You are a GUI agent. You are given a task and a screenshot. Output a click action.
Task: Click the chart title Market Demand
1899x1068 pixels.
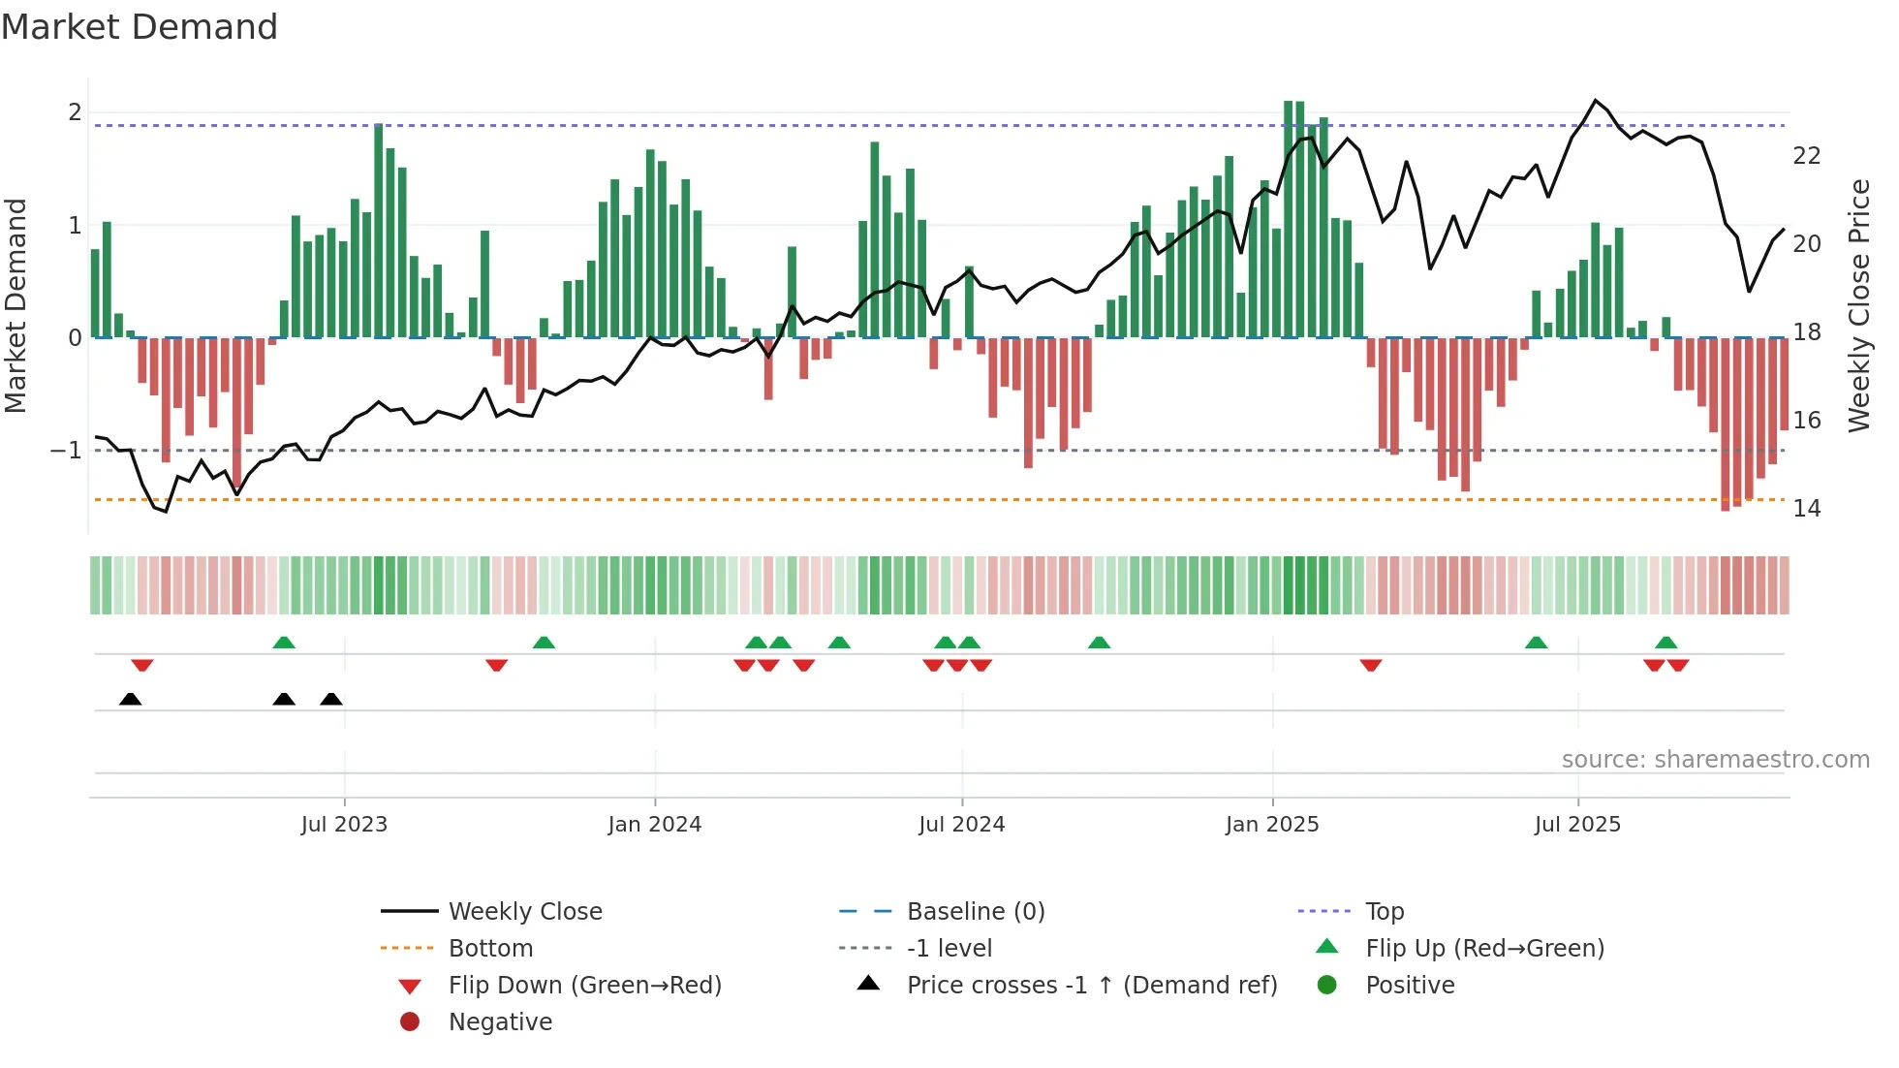coord(140,27)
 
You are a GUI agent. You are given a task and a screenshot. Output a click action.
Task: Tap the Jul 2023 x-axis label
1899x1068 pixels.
coord(344,825)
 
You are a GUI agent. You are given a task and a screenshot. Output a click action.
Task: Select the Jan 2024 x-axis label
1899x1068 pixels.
coord(655,825)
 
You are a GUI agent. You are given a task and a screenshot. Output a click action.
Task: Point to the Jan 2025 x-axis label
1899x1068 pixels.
coord(1272,825)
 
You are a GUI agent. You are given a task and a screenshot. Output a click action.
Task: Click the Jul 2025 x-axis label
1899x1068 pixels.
coord(1577,825)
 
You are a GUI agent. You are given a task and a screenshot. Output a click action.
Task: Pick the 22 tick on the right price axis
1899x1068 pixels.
coord(1806,156)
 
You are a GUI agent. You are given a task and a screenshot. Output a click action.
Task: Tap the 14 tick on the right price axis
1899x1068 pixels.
coord(1806,509)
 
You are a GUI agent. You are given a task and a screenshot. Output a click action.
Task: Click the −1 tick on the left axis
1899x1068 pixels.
coord(66,451)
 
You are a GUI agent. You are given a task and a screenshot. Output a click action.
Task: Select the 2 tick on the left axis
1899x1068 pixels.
coord(75,112)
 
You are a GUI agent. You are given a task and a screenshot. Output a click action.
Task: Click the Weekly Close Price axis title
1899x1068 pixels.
coord(1858,305)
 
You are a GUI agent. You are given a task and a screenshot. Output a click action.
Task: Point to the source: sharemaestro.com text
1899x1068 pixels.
coord(1715,760)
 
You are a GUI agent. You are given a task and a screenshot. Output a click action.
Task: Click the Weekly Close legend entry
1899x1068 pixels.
coord(525,912)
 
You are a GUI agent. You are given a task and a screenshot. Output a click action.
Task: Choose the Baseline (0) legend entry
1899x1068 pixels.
coord(976,912)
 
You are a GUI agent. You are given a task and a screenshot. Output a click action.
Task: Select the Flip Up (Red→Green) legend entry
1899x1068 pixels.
coord(1484,949)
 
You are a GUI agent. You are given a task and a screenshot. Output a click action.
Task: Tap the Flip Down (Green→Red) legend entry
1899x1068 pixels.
coord(584,986)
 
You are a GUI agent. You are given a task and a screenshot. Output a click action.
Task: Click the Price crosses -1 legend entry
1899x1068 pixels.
coord(1092,986)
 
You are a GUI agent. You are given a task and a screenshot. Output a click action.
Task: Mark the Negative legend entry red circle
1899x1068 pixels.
coord(410,1022)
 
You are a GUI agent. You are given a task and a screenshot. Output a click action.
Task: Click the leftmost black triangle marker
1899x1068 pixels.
coord(130,699)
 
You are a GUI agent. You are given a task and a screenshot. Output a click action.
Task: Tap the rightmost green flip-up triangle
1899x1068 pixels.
coord(1666,643)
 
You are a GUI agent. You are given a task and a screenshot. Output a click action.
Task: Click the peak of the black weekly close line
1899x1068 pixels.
coord(1596,101)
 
